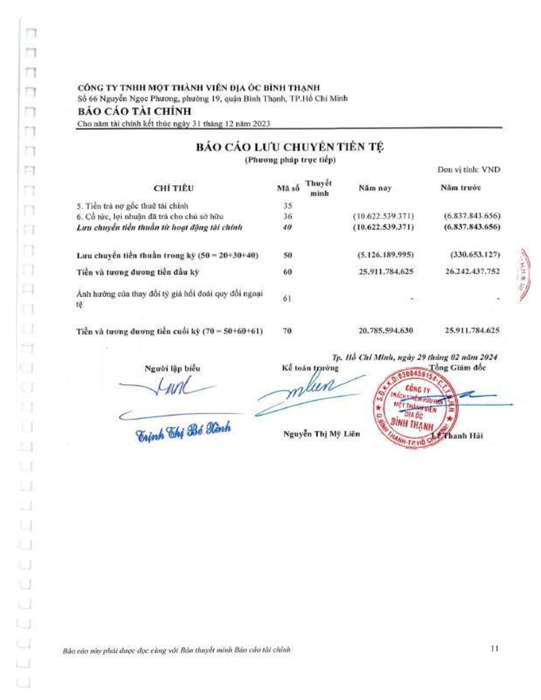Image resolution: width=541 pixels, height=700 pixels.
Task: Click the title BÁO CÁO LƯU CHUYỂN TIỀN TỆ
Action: click(x=290, y=147)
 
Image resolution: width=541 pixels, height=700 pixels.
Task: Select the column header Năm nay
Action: click(x=375, y=188)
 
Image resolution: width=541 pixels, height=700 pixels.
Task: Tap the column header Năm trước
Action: click(x=460, y=188)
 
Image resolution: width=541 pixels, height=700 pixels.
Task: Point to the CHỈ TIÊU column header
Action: click(x=174, y=188)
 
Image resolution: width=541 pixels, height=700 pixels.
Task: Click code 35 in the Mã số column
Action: click(x=287, y=206)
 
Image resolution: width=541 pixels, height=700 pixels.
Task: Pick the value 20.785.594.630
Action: click(x=386, y=331)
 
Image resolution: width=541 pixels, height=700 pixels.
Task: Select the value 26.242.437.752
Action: click(x=472, y=272)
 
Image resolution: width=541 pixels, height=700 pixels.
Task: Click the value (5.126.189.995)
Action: click(x=386, y=255)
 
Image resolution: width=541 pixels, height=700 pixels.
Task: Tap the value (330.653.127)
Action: click(x=475, y=255)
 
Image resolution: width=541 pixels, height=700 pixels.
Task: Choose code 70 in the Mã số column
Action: click(x=287, y=331)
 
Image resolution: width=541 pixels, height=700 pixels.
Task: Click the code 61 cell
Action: click(x=287, y=299)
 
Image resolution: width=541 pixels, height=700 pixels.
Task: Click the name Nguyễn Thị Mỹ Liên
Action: click(x=321, y=434)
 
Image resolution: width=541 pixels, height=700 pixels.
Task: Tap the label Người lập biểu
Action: click(x=172, y=368)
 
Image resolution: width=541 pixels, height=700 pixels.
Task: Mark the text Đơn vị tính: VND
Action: click(x=468, y=170)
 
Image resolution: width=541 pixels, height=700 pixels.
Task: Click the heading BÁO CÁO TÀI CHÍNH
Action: click(x=135, y=112)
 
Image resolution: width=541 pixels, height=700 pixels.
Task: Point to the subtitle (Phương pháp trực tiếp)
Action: click(x=290, y=160)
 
